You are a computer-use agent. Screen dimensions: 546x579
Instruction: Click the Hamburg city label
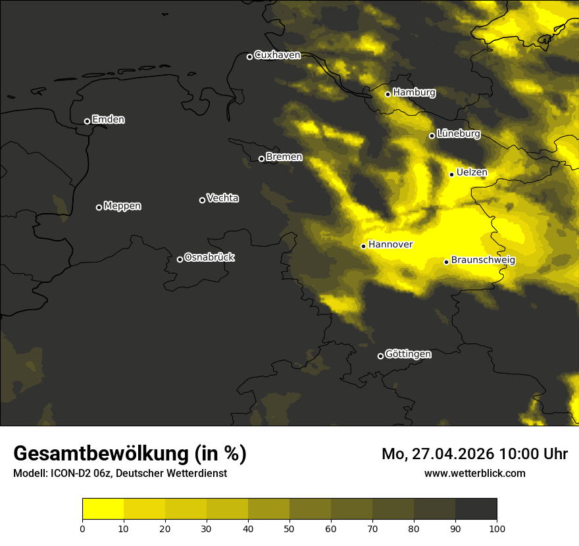(414, 93)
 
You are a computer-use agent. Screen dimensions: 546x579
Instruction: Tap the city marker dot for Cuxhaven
(249, 57)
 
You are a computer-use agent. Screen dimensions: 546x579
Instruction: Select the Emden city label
(108, 120)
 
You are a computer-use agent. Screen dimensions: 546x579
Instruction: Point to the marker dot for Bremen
(261, 159)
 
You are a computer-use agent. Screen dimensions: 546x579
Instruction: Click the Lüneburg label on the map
(458, 134)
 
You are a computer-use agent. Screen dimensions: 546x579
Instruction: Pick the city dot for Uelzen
(451, 174)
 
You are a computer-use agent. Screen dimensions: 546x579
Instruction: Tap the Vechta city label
(222, 198)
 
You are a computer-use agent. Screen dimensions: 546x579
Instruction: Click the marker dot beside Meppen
(99, 207)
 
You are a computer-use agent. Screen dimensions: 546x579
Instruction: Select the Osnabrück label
(209, 257)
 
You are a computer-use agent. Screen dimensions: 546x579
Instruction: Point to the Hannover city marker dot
(363, 246)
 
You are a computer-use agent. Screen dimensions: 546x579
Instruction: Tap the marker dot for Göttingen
(380, 356)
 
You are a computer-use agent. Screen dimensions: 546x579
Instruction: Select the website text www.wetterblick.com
(475, 473)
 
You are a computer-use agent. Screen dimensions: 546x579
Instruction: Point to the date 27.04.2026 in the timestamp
(453, 454)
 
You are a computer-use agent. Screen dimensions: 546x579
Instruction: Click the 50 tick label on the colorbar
(289, 528)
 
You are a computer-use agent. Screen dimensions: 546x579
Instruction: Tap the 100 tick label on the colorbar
(497, 528)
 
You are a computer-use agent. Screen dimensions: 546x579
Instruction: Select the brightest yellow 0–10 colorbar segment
(103, 509)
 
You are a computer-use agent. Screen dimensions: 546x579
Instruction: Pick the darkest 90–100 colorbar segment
(476, 509)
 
